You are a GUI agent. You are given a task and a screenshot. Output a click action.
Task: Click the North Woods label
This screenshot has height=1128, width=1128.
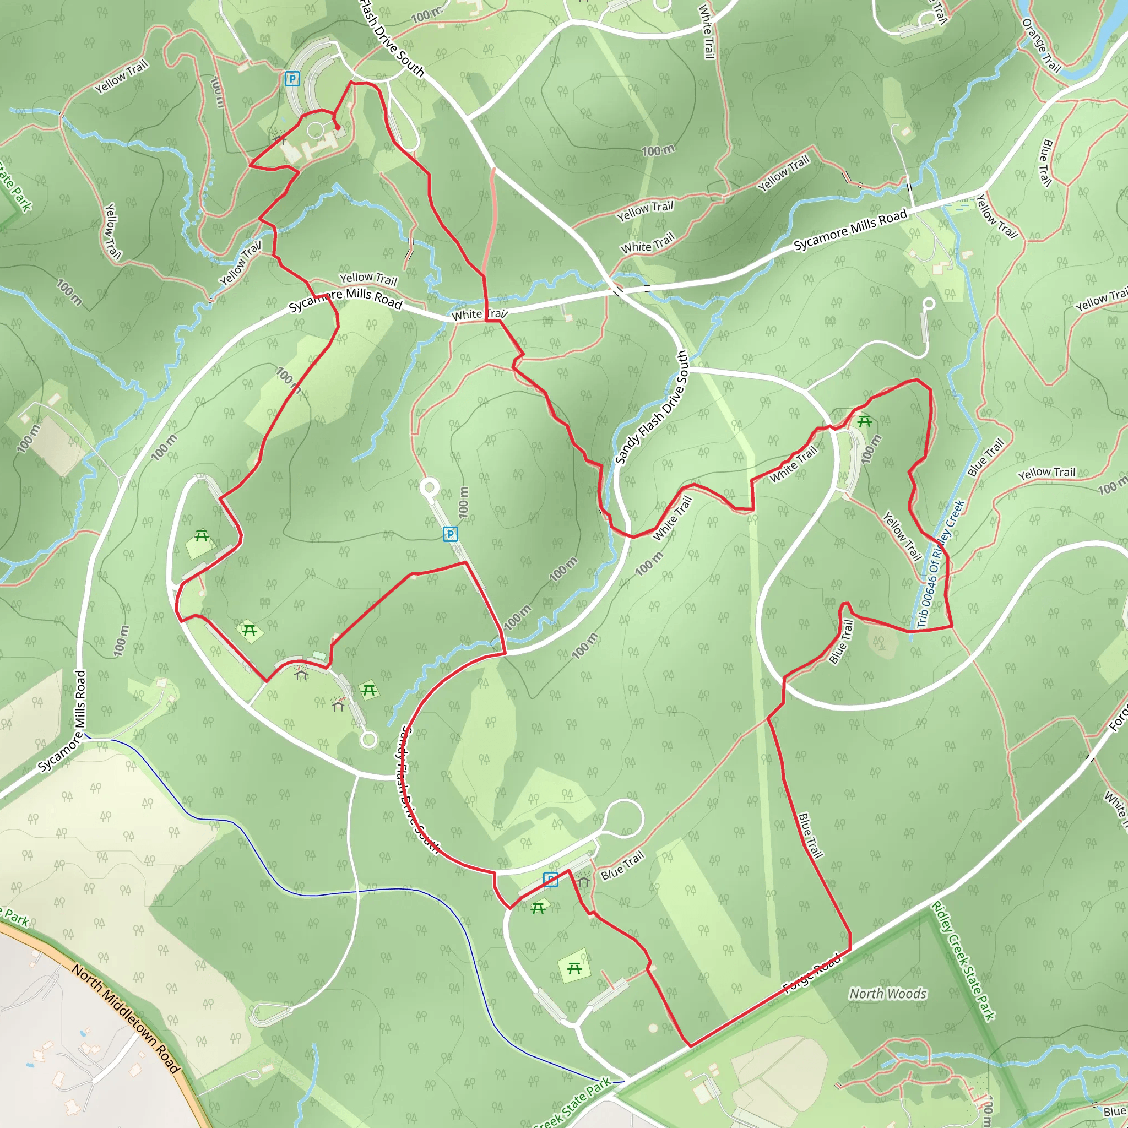(887, 993)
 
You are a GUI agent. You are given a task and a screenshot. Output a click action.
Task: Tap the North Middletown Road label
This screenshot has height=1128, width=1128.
(125, 1018)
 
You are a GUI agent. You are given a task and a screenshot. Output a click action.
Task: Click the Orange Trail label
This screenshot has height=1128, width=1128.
(1041, 45)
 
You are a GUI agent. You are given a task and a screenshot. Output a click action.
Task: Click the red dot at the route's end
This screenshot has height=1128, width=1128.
(338, 127)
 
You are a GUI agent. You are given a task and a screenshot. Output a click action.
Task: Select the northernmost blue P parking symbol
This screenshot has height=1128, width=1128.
(292, 79)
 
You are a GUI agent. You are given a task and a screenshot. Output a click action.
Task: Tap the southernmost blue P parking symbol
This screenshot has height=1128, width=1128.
(550, 879)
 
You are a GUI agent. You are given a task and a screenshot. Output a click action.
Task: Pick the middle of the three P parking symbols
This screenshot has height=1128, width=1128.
(450, 534)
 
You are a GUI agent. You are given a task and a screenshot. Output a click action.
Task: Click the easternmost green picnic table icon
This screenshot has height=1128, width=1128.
(865, 421)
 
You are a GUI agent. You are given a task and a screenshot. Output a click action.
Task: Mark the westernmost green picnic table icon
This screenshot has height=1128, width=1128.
(202, 535)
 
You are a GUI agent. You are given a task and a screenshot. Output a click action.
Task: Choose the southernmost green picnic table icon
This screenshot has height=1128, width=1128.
(574, 969)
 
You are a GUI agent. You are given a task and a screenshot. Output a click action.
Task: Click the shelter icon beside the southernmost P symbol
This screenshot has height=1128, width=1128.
(583, 880)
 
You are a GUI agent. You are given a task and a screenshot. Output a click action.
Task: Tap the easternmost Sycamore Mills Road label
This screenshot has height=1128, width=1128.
(850, 230)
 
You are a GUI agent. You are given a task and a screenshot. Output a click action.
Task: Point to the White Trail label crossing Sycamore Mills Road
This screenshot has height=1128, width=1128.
(479, 314)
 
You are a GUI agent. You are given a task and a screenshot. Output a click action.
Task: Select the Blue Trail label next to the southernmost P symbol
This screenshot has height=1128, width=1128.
(622, 865)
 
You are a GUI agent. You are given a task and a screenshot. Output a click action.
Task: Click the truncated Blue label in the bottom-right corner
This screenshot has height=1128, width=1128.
(1115, 1111)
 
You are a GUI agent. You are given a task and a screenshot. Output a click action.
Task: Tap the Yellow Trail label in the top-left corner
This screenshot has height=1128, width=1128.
(121, 77)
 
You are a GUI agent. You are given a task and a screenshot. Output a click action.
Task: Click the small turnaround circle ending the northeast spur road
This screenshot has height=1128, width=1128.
(929, 303)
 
